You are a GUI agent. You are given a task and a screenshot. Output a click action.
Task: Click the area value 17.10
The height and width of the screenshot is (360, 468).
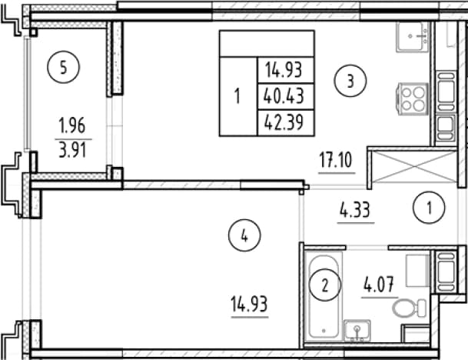pos(336,160)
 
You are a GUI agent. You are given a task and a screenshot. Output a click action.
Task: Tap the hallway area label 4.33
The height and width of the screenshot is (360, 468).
pos(355,210)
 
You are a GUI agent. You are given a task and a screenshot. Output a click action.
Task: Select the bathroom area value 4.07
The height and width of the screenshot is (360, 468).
pos(379,285)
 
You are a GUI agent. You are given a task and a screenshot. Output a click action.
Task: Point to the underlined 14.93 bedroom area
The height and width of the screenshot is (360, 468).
pos(249,304)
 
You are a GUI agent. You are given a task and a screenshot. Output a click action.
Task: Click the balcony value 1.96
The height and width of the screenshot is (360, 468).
pos(72,125)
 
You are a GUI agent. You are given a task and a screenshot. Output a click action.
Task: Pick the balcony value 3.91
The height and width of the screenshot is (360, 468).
pos(72,149)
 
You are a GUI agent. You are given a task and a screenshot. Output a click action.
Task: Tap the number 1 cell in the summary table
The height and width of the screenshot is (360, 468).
pos(238,96)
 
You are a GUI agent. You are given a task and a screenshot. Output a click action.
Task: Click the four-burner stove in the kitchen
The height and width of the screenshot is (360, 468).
pos(413,98)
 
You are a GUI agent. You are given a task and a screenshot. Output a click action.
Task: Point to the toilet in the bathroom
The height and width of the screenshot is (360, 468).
pos(409,308)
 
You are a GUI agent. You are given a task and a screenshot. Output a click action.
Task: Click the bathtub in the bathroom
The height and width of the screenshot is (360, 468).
pos(324,296)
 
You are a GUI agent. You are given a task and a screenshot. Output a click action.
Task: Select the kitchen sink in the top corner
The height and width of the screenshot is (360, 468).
pos(413,37)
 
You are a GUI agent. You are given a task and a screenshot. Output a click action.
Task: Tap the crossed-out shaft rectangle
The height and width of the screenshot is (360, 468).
pos(415,167)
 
